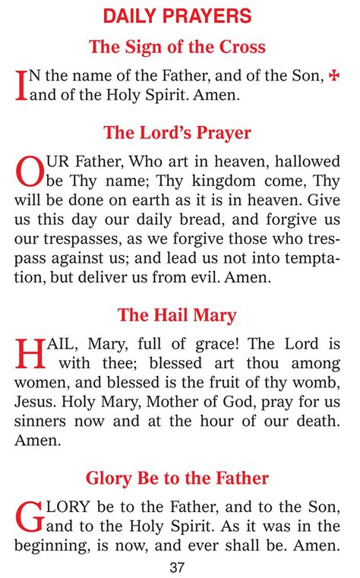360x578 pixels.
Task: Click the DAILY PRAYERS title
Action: tap(177, 15)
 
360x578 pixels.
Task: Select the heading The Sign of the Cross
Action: tap(177, 46)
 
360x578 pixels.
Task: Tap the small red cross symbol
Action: tap(333, 76)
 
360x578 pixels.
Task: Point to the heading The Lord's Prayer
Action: tap(177, 133)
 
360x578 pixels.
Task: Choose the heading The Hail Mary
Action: tap(177, 315)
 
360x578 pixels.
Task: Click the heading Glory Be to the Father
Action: tap(177, 478)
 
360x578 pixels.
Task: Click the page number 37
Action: tap(178, 567)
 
